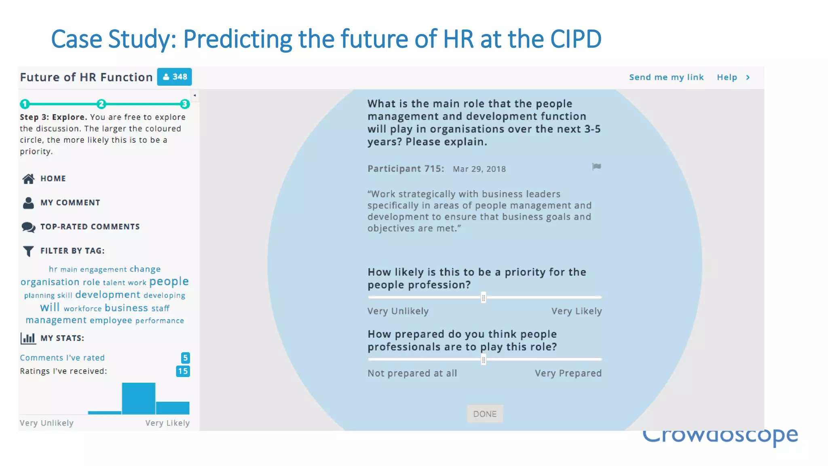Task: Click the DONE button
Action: [x=485, y=414]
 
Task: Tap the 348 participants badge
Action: [x=175, y=77]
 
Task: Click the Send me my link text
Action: [x=666, y=77]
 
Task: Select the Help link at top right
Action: [x=727, y=77]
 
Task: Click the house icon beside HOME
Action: [x=28, y=179]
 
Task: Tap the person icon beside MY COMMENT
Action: [x=28, y=203]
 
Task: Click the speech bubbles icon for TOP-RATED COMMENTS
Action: [x=28, y=227]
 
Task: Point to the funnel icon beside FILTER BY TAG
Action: [x=28, y=251]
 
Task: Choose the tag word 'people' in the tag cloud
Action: [x=169, y=282]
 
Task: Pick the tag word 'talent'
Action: [x=114, y=283]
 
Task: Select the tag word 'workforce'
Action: [x=82, y=309]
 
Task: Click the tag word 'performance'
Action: [x=159, y=321]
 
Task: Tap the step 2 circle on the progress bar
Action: [x=101, y=104]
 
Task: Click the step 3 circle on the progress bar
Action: [x=185, y=104]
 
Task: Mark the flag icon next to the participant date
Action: [x=596, y=167]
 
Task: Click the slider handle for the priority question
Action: [x=483, y=298]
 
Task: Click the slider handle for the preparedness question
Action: [x=483, y=360]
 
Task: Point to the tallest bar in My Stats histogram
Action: [x=139, y=398]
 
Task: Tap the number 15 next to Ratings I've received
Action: [x=183, y=371]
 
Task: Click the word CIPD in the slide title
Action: [x=575, y=39]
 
